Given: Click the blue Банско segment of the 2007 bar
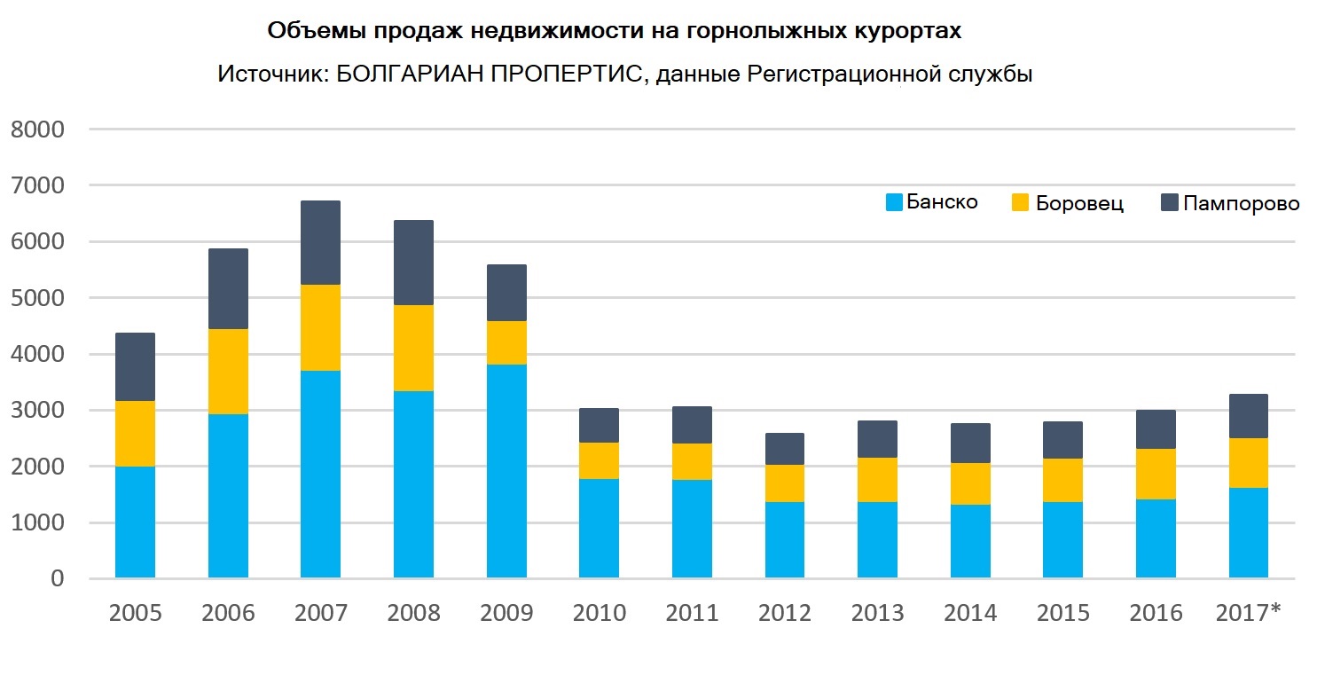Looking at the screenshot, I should pos(320,475).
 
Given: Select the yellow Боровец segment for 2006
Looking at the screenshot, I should pos(228,372).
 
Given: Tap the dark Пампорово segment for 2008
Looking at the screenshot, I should pos(413,263).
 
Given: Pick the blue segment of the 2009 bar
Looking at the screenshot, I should pos(506,471).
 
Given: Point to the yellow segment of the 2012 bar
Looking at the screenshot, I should pos(784,483).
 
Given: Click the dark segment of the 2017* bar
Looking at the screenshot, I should pos(1247,416).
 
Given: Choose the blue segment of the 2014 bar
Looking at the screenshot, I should pos(969,541).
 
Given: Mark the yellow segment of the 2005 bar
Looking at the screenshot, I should pos(135,434).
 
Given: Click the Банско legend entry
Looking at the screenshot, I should pos(932,202).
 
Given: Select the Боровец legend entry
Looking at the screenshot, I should pos(1068,203).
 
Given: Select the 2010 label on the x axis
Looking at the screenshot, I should pos(599,613).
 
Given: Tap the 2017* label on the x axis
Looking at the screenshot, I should pos(1248,613).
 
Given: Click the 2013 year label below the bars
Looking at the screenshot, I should pos(877,613).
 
